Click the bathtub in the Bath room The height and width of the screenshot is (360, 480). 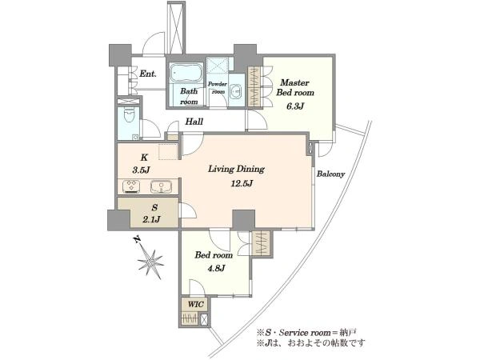186,73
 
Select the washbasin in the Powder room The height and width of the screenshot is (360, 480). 235,91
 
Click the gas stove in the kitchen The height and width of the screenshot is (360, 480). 131,186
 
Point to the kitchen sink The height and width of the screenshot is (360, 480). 161,186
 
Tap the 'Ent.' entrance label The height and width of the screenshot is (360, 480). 148,74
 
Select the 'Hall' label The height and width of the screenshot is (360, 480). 194,122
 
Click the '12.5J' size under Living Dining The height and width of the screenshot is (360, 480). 242,184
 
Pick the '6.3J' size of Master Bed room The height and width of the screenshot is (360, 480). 295,106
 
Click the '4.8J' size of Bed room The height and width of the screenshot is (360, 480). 217,269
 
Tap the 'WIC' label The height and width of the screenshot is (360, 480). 195,304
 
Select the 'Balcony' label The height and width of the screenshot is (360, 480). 330,174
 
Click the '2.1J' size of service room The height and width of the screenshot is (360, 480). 152,219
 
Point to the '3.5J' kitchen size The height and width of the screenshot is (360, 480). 141,170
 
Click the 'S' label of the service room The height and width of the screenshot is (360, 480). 154,207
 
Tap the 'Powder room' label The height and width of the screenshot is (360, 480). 218,87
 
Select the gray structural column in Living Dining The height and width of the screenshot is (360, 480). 243,219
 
